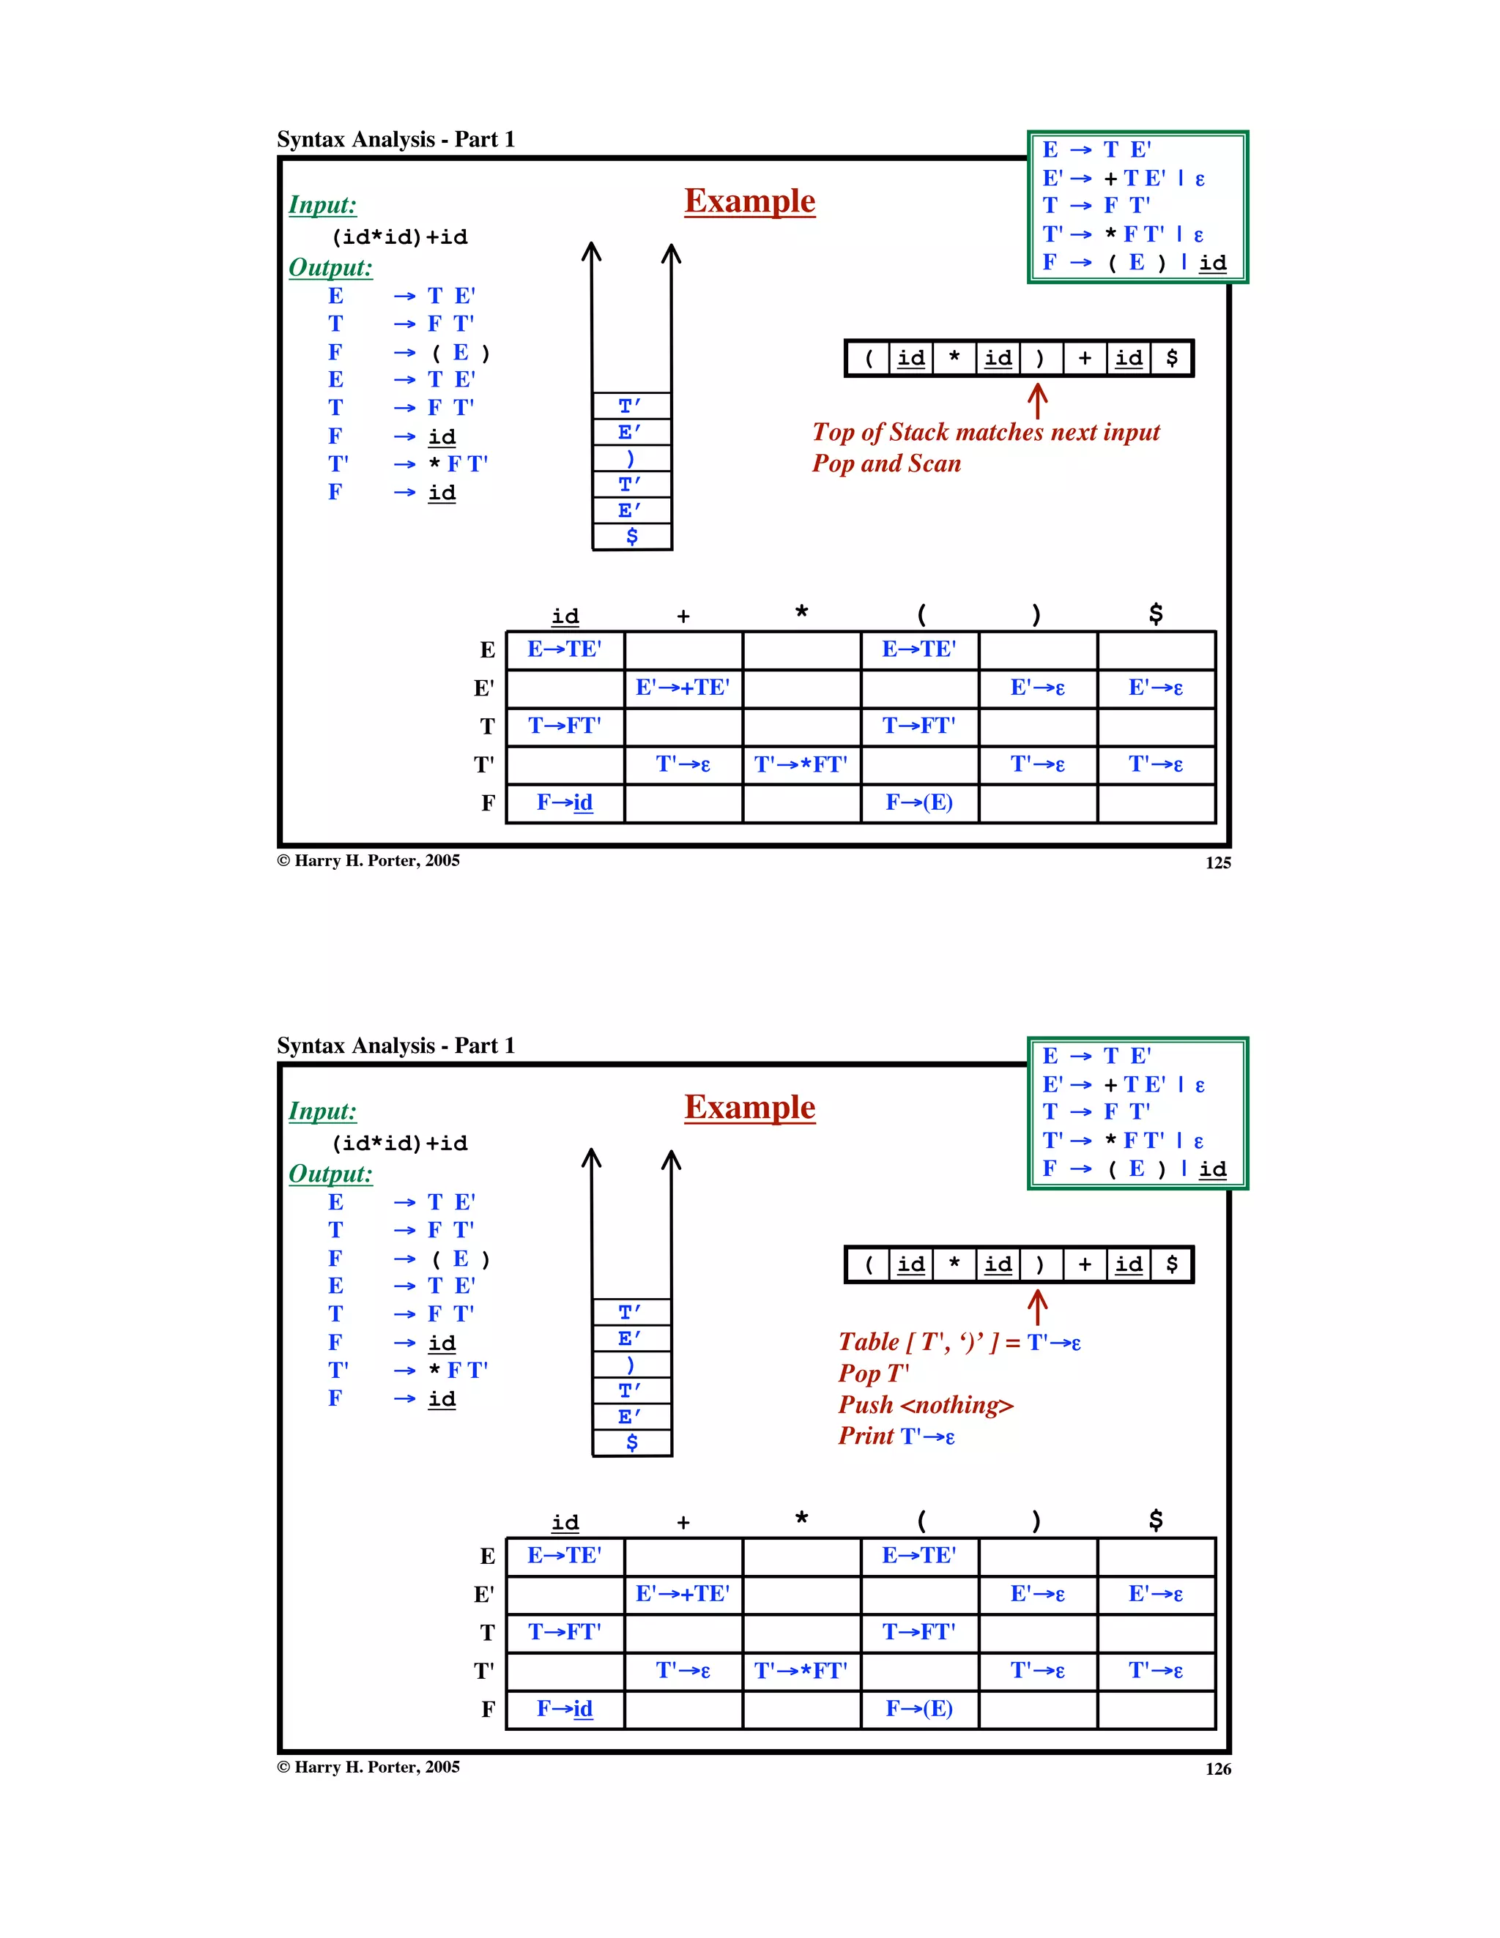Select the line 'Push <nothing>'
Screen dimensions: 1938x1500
point(925,1405)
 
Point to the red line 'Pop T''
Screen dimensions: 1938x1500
point(873,1374)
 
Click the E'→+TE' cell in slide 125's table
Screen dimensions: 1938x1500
point(683,687)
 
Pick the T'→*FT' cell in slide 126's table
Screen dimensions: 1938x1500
point(801,1671)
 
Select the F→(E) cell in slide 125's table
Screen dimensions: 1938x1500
point(918,802)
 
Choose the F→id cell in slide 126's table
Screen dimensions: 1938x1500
point(565,1708)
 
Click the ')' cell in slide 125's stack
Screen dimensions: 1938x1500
point(631,459)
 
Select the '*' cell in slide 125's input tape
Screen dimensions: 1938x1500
point(954,357)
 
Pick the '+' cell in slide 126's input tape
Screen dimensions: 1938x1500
point(1085,1264)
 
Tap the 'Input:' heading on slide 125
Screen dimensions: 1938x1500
point(322,205)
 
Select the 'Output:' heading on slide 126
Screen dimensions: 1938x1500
point(330,1173)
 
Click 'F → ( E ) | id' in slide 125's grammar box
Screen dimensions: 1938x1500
point(1134,262)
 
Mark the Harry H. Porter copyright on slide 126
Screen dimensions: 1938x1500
point(368,1767)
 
